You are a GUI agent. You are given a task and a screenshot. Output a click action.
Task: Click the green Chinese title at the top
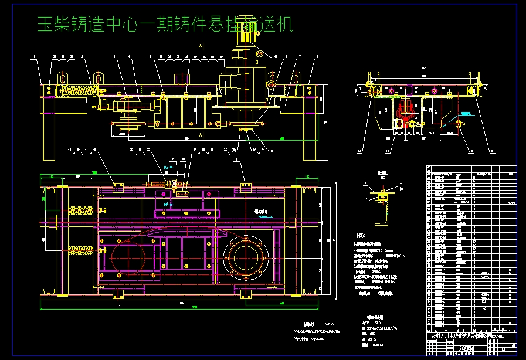[x=164, y=25]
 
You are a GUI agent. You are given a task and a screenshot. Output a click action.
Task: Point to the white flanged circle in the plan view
[x=245, y=256]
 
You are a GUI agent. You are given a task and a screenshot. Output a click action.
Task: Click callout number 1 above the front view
[x=35, y=57]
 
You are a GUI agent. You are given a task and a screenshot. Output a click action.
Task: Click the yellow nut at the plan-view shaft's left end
[x=53, y=223]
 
